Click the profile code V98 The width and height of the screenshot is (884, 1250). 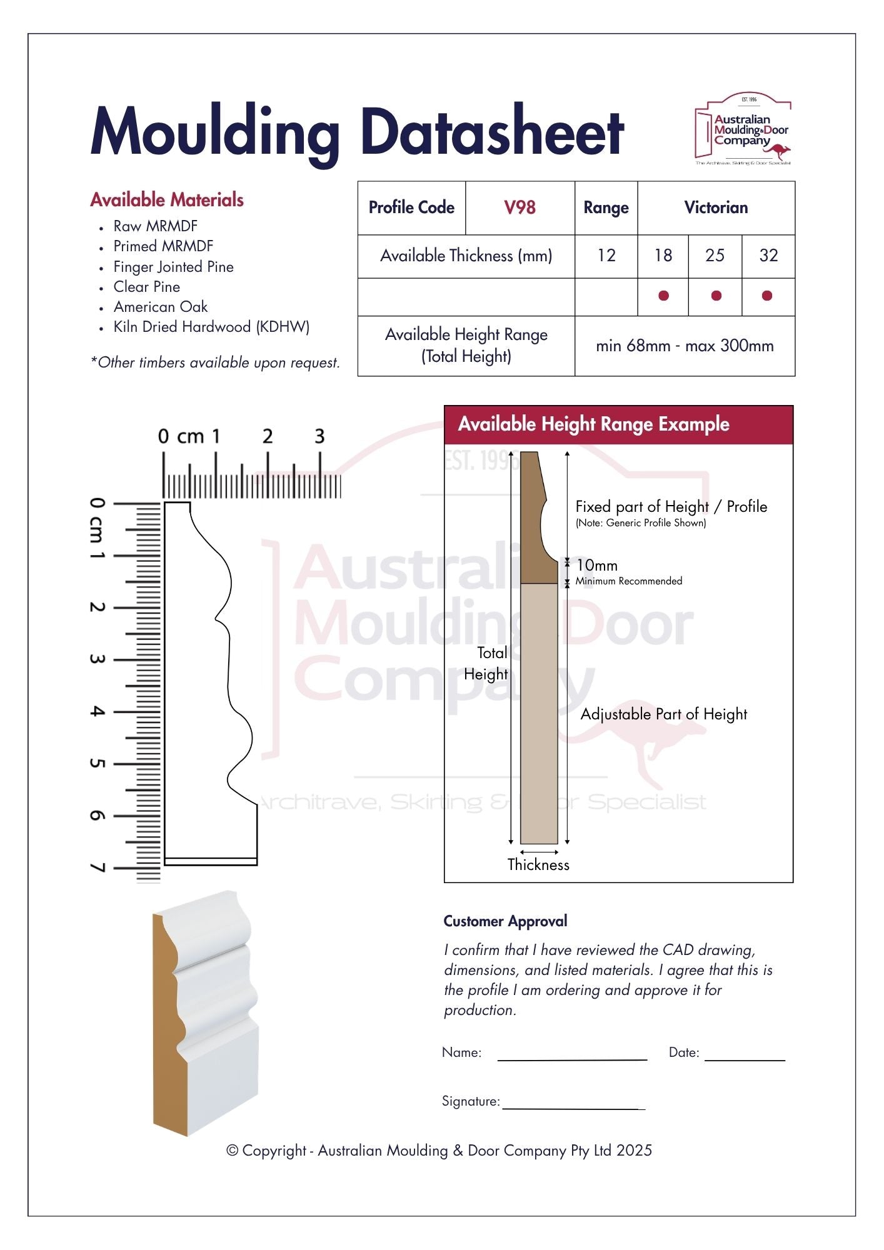tap(520, 207)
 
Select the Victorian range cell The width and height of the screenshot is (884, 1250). tap(716, 208)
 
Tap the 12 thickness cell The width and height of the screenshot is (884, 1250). tap(606, 256)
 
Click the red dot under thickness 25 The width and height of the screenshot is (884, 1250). tap(716, 296)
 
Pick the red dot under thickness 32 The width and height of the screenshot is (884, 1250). tap(767, 296)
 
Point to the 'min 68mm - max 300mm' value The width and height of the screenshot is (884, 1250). tap(685, 346)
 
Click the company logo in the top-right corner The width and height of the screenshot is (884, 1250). tap(743, 129)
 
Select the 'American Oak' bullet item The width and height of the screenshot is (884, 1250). tap(161, 307)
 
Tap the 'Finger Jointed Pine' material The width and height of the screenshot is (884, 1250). tap(173, 267)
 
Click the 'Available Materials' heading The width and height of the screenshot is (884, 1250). tap(167, 200)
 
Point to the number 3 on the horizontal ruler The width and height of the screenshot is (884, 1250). tap(319, 436)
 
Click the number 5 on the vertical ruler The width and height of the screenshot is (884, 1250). tap(96, 763)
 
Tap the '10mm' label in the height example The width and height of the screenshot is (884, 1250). tap(596, 565)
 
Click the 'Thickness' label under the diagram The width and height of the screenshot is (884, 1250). tap(538, 864)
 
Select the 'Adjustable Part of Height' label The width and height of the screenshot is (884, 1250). tap(664, 714)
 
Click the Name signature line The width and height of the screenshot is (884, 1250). tap(572, 1060)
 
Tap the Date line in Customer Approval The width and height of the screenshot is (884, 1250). tap(745, 1060)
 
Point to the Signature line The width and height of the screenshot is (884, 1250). tap(574, 1109)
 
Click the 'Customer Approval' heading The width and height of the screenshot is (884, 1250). tap(505, 921)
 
